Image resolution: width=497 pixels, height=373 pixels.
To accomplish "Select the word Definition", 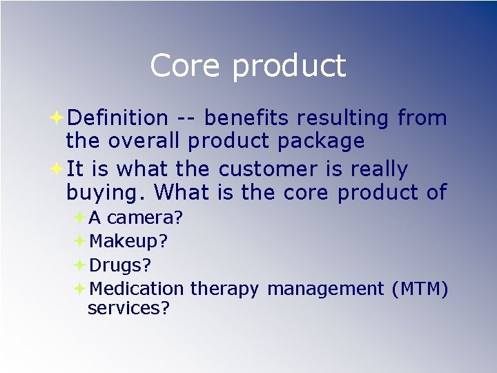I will coord(118,118).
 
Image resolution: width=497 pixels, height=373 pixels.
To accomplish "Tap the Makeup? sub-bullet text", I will coord(128,242).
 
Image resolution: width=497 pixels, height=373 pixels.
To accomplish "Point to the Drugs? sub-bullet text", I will coord(121,265).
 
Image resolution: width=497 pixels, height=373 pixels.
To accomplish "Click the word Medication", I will coord(137,288).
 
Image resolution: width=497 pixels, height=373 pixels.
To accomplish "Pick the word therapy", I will coord(224,289).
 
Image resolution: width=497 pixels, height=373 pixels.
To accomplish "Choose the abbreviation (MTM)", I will coord(420,288).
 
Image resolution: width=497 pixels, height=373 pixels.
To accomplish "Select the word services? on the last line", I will coord(128,308).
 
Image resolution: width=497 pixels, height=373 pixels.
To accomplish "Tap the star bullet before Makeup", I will coord(79,241).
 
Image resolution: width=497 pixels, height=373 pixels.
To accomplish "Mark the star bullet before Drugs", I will coord(79,265).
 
